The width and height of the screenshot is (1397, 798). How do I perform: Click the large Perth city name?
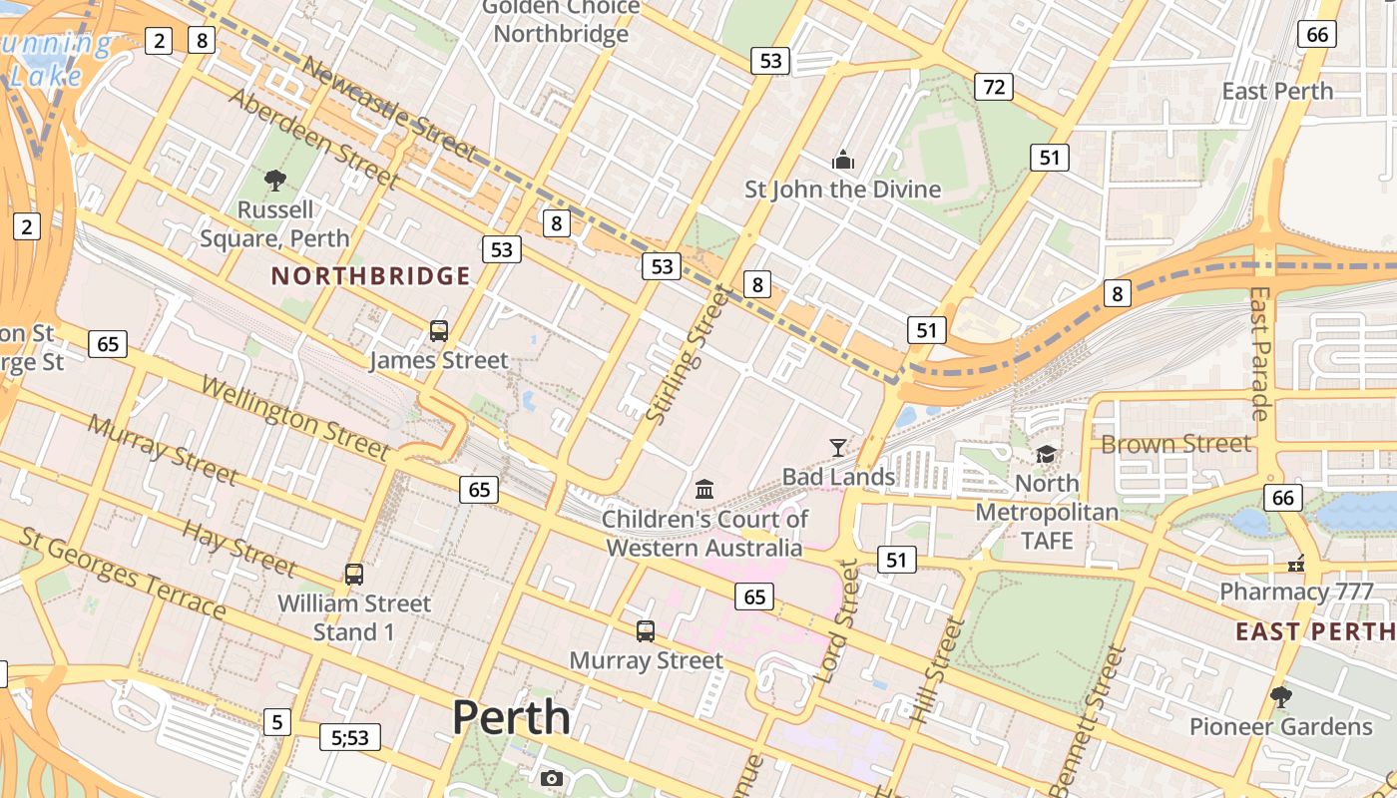511,717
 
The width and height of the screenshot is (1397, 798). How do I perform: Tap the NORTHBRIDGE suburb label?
370,276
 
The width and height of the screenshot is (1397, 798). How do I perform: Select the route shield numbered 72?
994,87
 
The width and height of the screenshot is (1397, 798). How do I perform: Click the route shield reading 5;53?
350,738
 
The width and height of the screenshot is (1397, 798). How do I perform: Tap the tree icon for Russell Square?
275,181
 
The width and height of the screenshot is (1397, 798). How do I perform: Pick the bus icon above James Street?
438,331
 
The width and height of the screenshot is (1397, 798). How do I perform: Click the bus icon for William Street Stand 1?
354,575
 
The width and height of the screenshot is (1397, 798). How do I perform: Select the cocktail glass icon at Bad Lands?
838,448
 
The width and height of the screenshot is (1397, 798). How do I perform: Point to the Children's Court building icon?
704,489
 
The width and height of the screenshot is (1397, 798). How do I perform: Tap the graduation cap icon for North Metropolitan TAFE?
1046,455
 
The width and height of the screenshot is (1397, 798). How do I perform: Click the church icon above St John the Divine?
843,160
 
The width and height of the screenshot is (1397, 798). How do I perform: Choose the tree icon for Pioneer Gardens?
1281,696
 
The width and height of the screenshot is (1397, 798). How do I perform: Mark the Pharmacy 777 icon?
1297,564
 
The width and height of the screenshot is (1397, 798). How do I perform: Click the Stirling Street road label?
690,353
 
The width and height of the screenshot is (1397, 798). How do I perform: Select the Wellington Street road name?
294,416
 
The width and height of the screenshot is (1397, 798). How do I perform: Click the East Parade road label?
1260,353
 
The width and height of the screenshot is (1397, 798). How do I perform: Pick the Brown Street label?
1175,444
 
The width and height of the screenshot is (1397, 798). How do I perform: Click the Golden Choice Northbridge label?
562,21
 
